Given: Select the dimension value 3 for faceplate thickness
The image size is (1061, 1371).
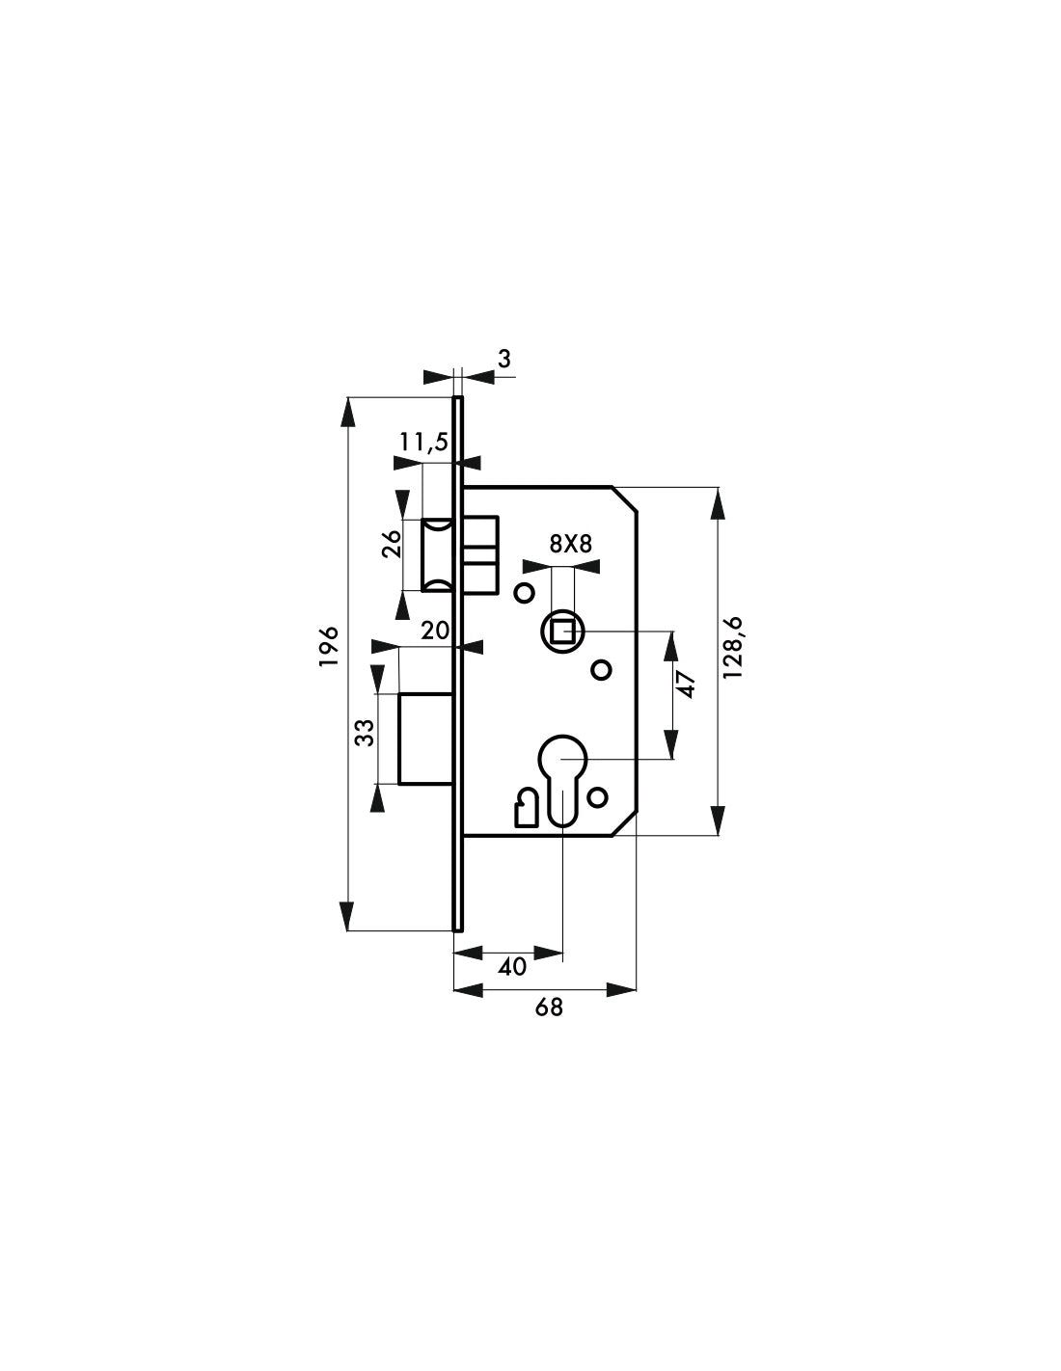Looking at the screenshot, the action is pyautogui.click(x=503, y=359).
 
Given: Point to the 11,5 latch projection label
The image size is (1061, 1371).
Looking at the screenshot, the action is pyautogui.click(x=423, y=443).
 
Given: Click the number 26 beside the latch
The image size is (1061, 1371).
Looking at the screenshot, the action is pyautogui.click(x=392, y=543).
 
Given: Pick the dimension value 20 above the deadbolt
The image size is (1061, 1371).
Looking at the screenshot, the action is pyautogui.click(x=434, y=630).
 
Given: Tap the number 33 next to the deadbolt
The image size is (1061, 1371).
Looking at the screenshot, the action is pyautogui.click(x=365, y=733).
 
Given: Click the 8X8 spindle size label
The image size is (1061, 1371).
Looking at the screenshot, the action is pyautogui.click(x=571, y=544).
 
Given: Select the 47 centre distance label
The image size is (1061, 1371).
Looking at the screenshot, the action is pyautogui.click(x=688, y=685).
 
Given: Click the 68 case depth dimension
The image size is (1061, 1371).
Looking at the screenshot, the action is pyautogui.click(x=549, y=1025).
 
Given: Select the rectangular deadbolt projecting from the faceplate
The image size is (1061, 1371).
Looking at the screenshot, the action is pyautogui.click(x=426, y=739).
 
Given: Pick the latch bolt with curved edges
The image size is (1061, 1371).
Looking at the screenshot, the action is pyautogui.click(x=437, y=555).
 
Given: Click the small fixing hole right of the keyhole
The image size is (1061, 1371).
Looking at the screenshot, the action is pyautogui.click(x=597, y=798).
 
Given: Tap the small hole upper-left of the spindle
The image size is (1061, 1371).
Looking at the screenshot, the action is pyautogui.click(x=524, y=593).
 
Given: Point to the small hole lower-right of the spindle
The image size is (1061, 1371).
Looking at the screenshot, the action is pyautogui.click(x=602, y=669).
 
